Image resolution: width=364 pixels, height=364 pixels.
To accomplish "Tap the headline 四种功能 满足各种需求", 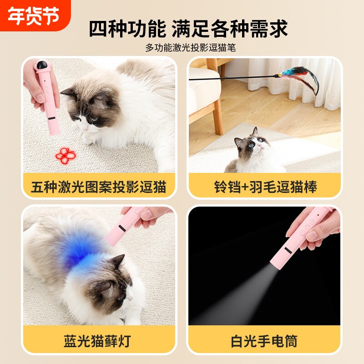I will tap(188, 29).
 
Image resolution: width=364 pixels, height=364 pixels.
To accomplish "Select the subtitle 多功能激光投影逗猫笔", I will tap(190, 47).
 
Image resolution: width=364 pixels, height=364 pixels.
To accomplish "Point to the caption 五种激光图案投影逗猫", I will tap(99, 187).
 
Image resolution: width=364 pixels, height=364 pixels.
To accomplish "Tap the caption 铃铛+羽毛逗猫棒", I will tap(265, 187).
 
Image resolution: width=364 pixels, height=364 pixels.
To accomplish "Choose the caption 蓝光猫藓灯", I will tap(99, 340).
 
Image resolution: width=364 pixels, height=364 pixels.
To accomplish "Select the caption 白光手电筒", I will tap(265, 340).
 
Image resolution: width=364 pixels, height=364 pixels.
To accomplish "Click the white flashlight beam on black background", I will tap(241, 291).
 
